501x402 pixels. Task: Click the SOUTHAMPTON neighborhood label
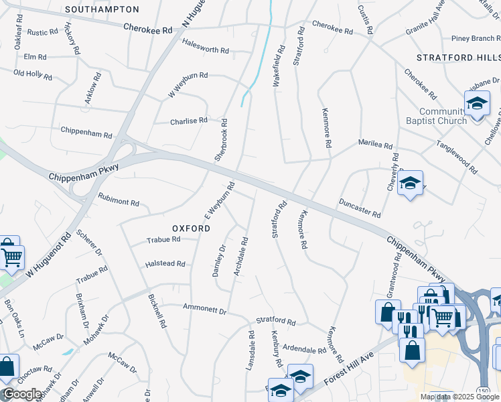click(x=102, y=9)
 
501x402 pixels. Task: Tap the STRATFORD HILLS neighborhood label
click(x=458, y=58)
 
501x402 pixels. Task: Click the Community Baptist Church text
click(x=443, y=116)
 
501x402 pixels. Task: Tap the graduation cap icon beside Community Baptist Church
click(x=477, y=104)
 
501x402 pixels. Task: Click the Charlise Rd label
click(x=189, y=121)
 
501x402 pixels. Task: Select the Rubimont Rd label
click(x=119, y=201)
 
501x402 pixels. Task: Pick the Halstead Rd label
click(x=165, y=264)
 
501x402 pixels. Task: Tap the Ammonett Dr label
click(x=205, y=310)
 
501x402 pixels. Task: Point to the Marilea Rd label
click(x=375, y=144)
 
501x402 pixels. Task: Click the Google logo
click(x=21, y=395)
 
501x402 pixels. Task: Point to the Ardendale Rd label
click(x=303, y=349)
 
